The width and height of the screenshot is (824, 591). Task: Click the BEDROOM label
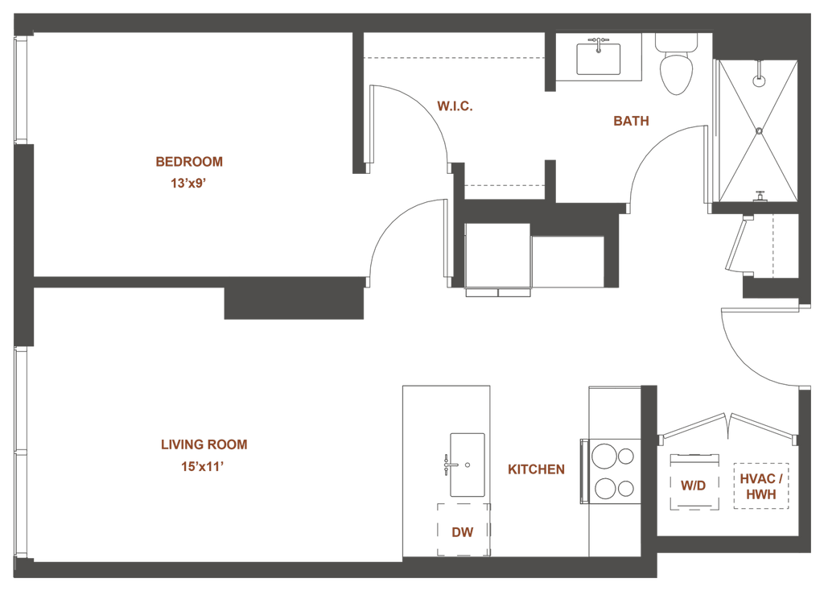(189, 162)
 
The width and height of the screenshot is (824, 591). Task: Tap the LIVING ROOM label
(204, 444)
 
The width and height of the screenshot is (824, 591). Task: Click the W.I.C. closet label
(452, 105)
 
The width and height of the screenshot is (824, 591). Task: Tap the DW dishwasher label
(460, 531)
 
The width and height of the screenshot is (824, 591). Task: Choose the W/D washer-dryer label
(692, 486)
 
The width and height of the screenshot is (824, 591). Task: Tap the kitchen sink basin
(466, 464)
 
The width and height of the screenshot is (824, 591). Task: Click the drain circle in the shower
(757, 81)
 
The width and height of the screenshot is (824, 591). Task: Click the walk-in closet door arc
(426, 113)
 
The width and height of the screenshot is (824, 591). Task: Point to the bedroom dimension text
(189, 183)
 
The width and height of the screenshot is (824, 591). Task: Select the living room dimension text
(201, 465)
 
